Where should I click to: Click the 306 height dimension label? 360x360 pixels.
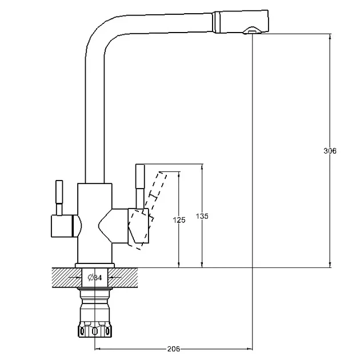[x=330, y=151]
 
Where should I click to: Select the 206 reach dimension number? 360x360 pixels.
[x=174, y=349]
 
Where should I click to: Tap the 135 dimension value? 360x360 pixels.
[x=202, y=216]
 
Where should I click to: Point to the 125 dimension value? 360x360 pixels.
[x=179, y=220]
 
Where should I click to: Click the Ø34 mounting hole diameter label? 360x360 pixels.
[x=95, y=278]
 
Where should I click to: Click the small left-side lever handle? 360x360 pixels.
[x=59, y=198]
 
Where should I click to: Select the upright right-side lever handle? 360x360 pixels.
[x=140, y=186]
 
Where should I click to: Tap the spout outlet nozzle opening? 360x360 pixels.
[x=252, y=30]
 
